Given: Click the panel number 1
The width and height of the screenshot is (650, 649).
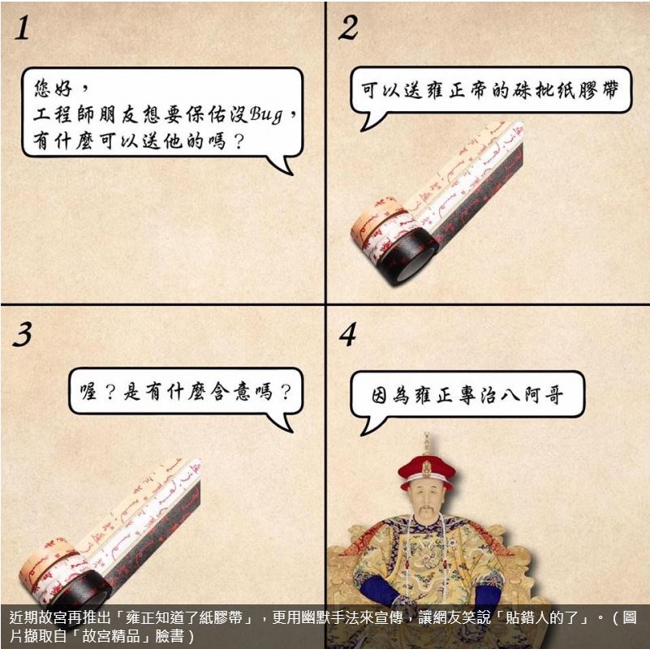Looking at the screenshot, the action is click(x=23, y=28).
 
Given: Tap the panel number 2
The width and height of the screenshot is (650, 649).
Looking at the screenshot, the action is click(x=348, y=28).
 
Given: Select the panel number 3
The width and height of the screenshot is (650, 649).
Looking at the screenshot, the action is click(x=23, y=334).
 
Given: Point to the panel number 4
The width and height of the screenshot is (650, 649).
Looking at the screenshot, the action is click(x=348, y=334).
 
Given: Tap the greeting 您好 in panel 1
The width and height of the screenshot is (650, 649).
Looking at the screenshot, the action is click(x=53, y=88).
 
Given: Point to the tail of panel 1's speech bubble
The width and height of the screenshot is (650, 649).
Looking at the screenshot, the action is click(x=282, y=165).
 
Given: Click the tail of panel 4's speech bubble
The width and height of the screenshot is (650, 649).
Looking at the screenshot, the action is click(x=368, y=424).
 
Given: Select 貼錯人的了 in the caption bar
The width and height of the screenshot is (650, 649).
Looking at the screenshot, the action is click(x=542, y=618).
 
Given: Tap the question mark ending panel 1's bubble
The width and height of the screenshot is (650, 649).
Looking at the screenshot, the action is click(x=239, y=141).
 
